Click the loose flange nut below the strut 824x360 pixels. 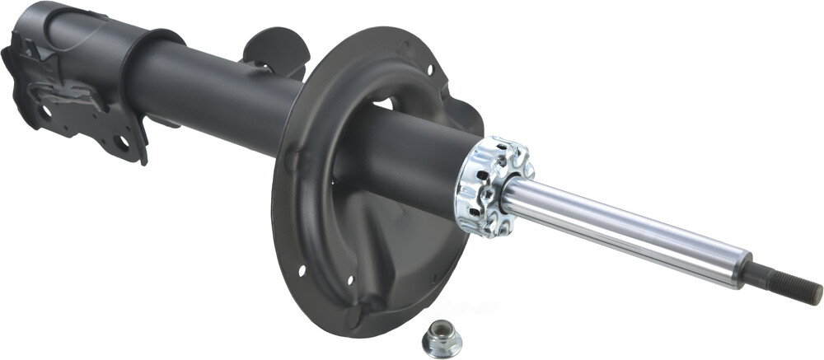[440, 339]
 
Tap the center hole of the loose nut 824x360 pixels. [439, 334]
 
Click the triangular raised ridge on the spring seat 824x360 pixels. [387, 272]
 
